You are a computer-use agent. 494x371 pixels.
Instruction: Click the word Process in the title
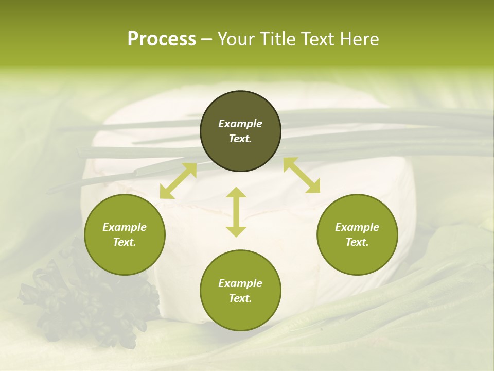[162, 39]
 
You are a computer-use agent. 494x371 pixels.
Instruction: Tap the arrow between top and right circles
[302, 175]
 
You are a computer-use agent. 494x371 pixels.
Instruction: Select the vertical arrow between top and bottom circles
[236, 212]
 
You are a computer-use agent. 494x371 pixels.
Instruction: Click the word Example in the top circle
[240, 124]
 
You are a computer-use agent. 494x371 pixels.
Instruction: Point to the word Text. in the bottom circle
[240, 298]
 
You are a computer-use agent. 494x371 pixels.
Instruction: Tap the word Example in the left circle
[125, 227]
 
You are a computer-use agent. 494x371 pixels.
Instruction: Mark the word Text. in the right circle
[357, 242]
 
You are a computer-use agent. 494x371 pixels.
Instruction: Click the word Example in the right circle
[357, 227]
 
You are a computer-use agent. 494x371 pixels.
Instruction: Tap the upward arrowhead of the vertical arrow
[236, 192]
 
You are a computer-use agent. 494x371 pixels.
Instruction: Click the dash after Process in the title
[206, 39]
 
